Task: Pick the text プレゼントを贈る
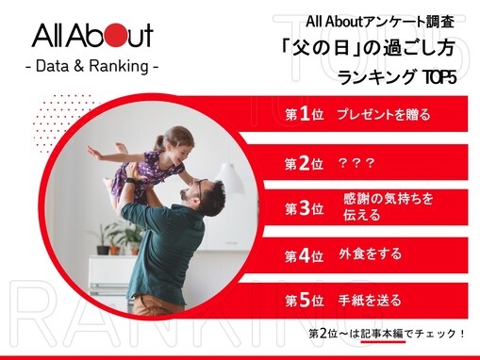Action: click(383, 115)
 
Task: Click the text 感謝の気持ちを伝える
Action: click(384, 207)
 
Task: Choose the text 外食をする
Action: click(370, 254)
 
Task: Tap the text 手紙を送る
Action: click(370, 301)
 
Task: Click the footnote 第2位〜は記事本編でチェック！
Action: click(388, 335)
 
